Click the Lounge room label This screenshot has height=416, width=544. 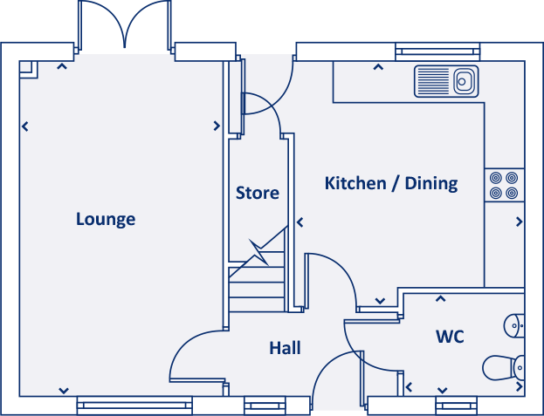106,219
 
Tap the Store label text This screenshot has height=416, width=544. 258,193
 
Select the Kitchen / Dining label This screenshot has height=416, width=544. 391,183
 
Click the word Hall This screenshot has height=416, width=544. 285,349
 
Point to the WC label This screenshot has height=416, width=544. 450,337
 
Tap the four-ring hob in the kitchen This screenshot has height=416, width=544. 504,184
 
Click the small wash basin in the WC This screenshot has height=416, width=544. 515,325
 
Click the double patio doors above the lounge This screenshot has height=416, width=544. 124,26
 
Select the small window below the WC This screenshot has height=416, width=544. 456,404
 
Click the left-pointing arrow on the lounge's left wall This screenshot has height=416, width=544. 24,126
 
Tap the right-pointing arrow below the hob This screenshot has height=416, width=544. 519,222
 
